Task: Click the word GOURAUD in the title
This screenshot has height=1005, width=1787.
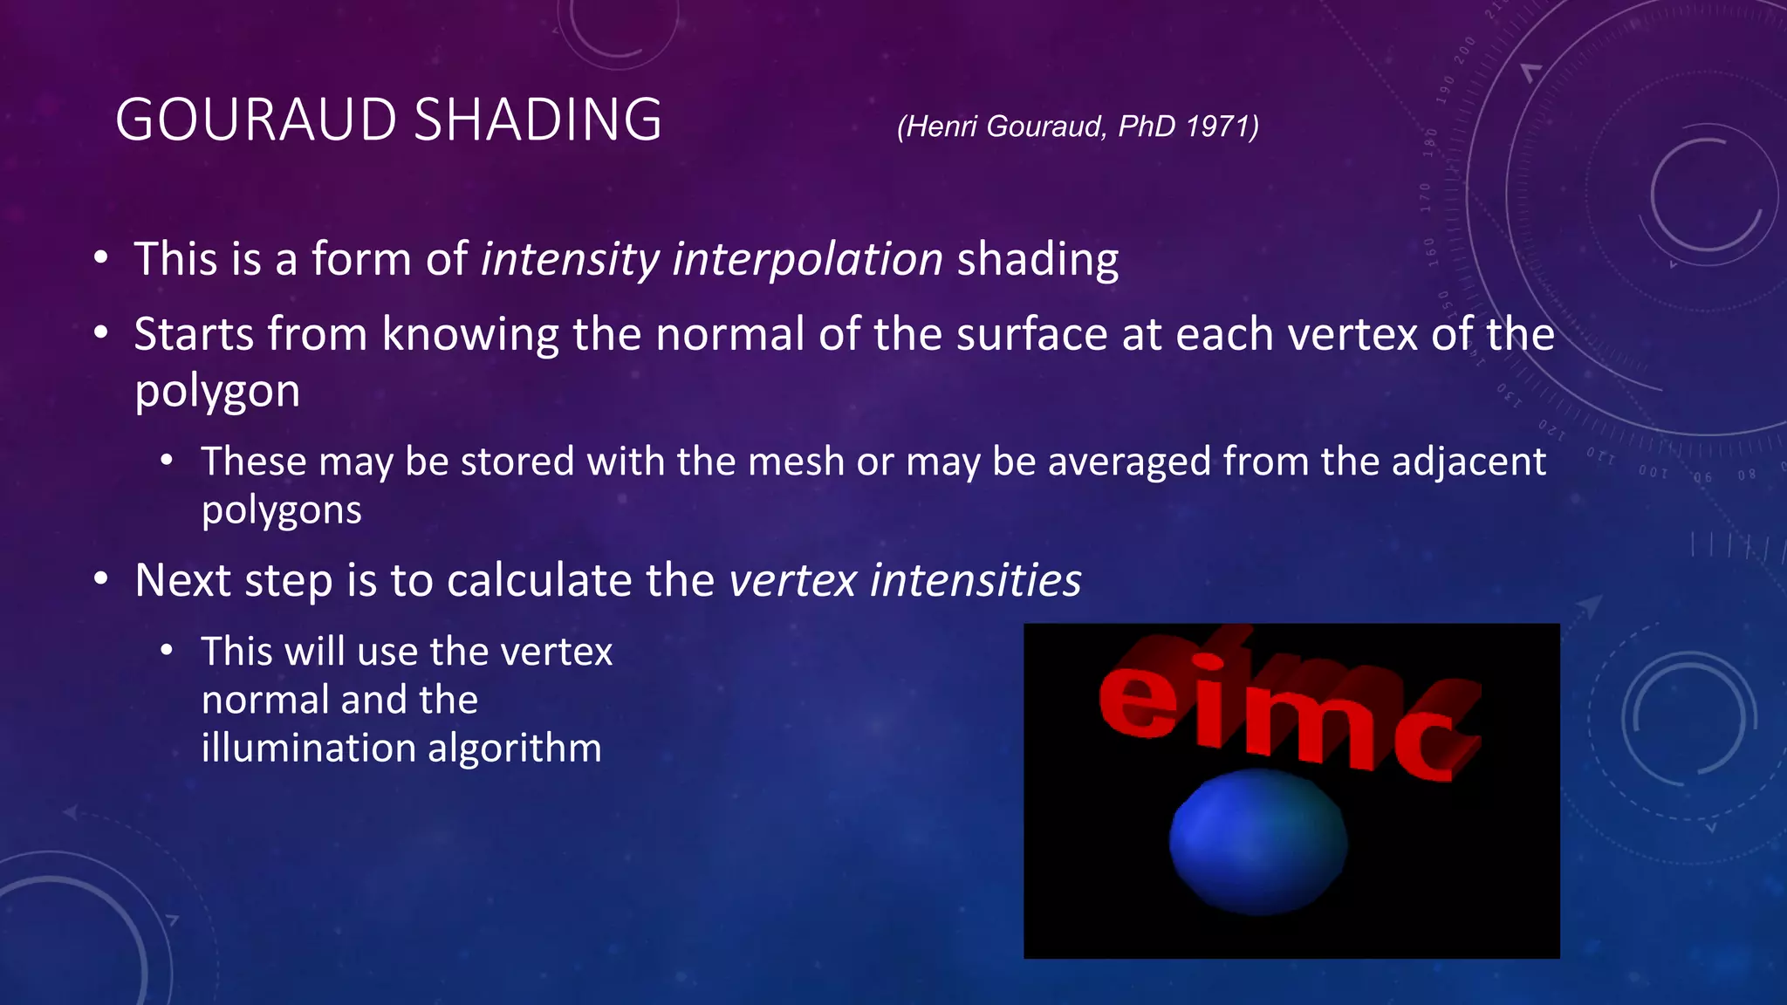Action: click(x=256, y=120)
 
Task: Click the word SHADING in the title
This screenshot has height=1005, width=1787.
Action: click(x=537, y=120)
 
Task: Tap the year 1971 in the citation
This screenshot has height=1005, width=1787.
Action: click(x=1220, y=126)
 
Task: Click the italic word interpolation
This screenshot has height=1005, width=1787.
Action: click(x=807, y=260)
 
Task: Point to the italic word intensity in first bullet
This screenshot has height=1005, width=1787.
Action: click(x=570, y=260)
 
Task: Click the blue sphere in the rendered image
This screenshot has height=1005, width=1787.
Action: click(x=1257, y=842)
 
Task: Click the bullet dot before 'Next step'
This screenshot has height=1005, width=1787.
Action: click(x=101, y=579)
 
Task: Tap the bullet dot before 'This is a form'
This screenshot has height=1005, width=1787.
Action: click(x=101, y=258)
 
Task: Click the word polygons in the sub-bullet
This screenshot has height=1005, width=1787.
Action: click(x=281, y=510)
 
